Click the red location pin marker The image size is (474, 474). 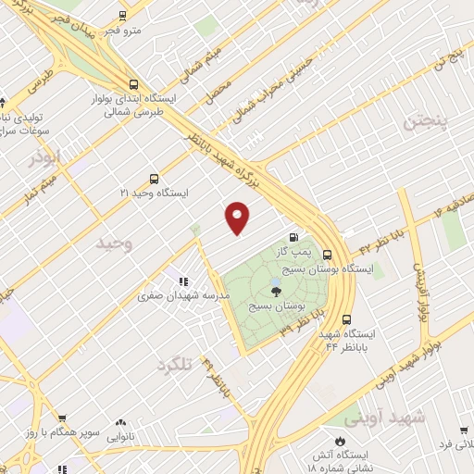pyautogui.click(x=238, y=218)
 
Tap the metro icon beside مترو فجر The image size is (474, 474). pyautogui.click(x=123, y=16)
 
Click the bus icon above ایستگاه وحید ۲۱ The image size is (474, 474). pyautogui.click(x=154, y=180)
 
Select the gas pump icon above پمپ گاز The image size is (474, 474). pyautogui.click(x=294, y=237)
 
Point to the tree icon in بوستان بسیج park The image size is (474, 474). pyautogui.click(x=276, y=291)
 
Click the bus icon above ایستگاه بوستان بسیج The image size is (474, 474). pyautogui.click(x=328, y=254)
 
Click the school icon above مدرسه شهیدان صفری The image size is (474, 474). pyautogui.click(x=183, y=281)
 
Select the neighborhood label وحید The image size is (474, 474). pyautogui.click(x=115, y=243)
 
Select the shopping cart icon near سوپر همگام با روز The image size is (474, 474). pyautogui.click(x=62, y=419)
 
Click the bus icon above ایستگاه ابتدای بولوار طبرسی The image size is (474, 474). pyautogui.click(x=134, y=82)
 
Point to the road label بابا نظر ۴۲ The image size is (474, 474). pyautogui.click(x=379, y=243)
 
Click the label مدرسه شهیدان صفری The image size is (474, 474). pyautogui.click(x=183, y=295)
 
